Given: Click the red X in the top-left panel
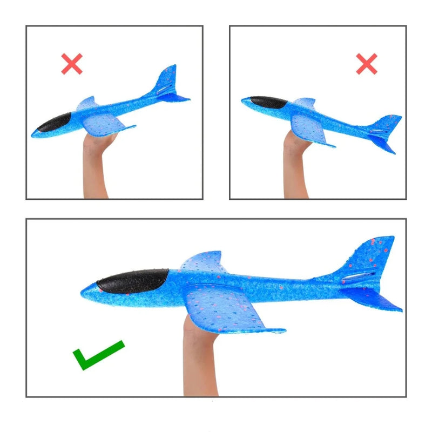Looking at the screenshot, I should click(x=72, y=64).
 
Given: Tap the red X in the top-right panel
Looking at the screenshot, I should click(x=367, y=64).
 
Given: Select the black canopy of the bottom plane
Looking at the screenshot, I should click(x=132, y=280).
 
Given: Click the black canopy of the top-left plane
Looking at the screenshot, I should click(x=53, y=123).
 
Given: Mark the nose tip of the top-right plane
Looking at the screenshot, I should click(x=242, y=100).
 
